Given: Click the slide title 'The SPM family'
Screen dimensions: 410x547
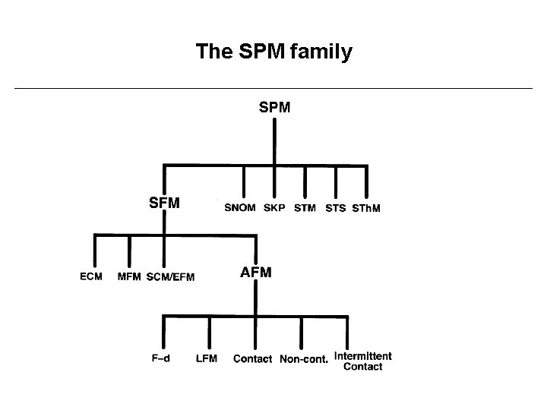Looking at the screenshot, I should tap(273, 52).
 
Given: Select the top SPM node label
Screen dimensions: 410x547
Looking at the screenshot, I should tap(274, 108).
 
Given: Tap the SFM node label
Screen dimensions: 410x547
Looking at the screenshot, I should tap(164, 203).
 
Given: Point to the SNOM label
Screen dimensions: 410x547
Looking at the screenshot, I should tap(240, 208).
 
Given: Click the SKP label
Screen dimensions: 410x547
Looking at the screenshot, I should tap(274, 208).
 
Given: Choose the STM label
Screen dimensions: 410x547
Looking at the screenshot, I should tap(305, 208).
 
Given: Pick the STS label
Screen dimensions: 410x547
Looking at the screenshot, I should tap(335, 208).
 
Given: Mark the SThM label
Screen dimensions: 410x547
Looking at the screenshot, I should tap(365, 208).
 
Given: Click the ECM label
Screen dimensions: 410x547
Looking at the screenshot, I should tap(91, 276).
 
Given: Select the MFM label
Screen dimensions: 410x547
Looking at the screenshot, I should tap(129, 276).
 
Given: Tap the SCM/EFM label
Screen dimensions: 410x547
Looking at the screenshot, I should tap(170, 277).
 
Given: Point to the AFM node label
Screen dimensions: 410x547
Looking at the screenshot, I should tap(256, 272).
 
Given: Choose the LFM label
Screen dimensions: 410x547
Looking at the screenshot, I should tap(207, 358).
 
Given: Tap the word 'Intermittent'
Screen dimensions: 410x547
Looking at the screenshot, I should tap(363, 355).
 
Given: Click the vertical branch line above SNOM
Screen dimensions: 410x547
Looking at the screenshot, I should tap(244, 182).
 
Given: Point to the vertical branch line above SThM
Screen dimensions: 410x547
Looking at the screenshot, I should tap(367, 182).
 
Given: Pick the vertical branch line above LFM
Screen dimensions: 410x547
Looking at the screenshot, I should tap(210, 333).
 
